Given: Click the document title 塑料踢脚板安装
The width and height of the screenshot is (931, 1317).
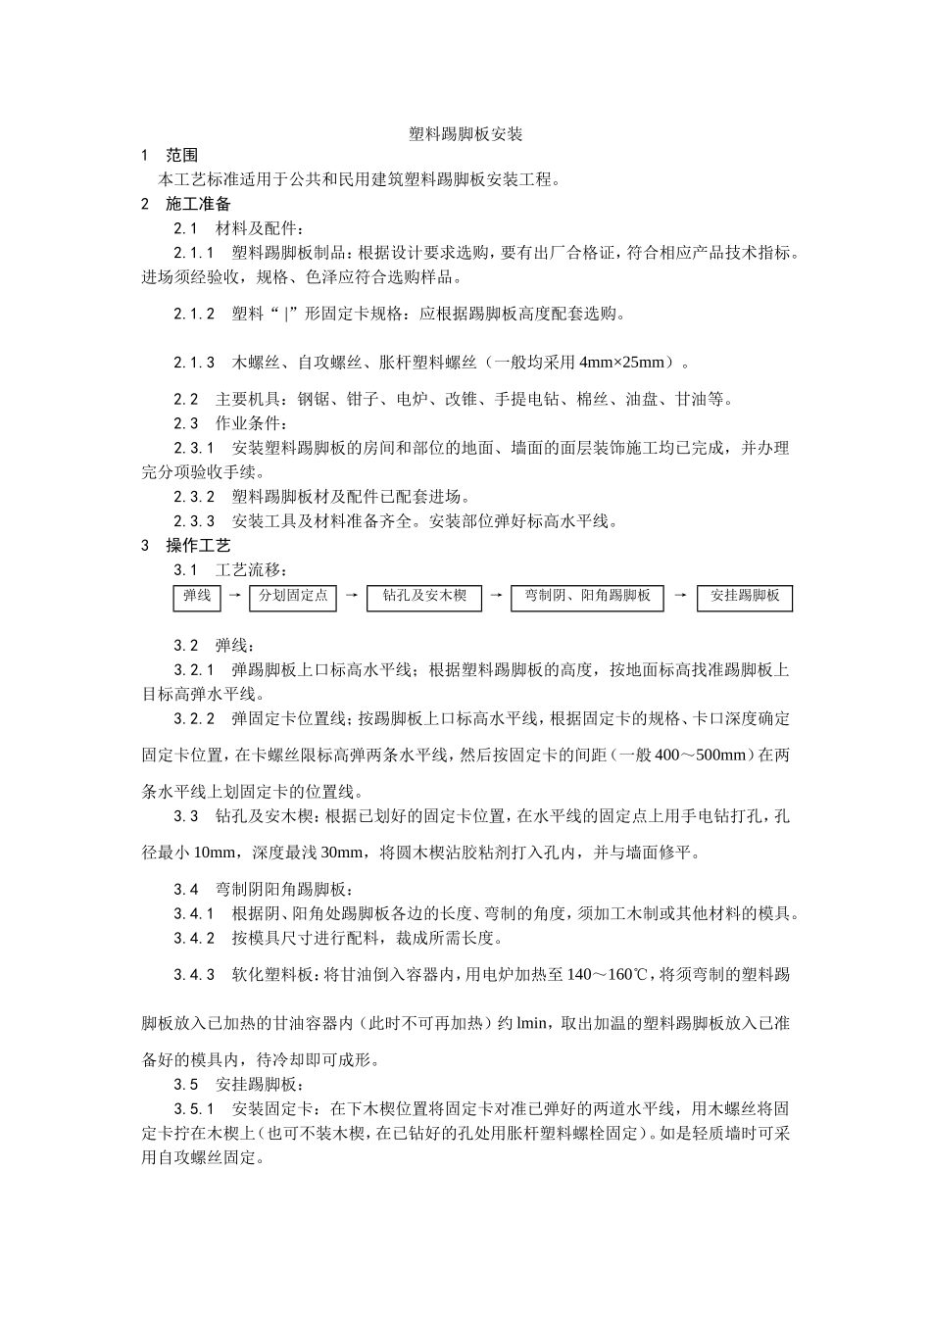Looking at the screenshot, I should pyautogui.click(x=465, y=134).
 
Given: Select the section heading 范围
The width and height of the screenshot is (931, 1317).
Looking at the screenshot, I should pyautogui.click(x=181, y=156).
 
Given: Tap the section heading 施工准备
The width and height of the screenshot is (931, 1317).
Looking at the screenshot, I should pyautogui.click(x=198, y=204).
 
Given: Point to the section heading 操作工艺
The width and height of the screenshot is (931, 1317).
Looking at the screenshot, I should pyautogui.click(x=198, y=546).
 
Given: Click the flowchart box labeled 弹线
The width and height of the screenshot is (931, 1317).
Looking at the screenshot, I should pyautogui.click(x=197, y=597).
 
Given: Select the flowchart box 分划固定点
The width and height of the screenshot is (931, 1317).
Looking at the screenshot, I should pyautogui.click(x=292, y=597).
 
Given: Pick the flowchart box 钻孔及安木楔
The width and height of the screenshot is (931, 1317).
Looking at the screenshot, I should pyautogui.click(x=424, y=597).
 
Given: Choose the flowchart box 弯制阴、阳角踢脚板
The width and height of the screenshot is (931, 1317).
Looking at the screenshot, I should pyautogui.click(x=587, y=597).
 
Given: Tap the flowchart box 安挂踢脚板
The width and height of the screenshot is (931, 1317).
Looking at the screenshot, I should pyautogui.click(x=745, y=597).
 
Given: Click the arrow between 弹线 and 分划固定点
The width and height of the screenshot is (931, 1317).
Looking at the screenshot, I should pyautogui.click(x=233, y=595).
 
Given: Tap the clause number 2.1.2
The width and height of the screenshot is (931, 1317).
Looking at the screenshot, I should pyautogui.click(x=194, y=315).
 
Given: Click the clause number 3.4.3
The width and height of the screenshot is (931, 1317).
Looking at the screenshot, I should pyautogui.click(x=194, y=975).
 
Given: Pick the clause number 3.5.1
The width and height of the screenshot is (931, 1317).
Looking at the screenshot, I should pyautogui.click(x=194, y=1109).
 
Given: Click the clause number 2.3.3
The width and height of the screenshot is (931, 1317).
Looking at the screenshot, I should pyautogui.click(x=194, y=521).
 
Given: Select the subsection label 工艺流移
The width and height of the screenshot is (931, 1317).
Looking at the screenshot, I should pyautogui.click(x=251, y=570).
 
